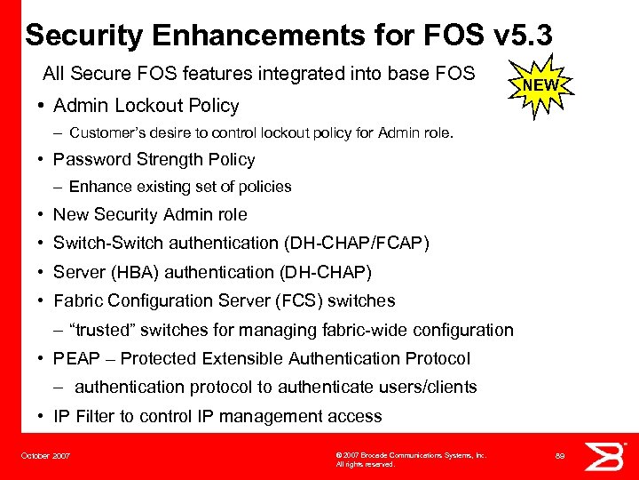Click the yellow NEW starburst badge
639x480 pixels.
click(x=540, y=85)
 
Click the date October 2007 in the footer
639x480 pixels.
click(x=45, y=456)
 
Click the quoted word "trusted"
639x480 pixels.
click(x=104, y=330)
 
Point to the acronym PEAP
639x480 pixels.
click(x=75, y=358)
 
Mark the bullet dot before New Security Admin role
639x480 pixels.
click(x=43, y=215)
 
